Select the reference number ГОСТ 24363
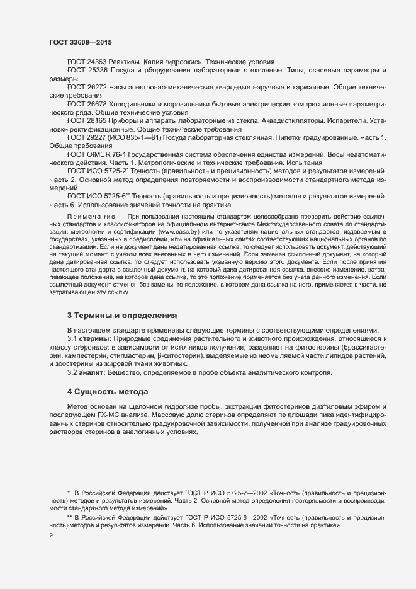pos(85,62)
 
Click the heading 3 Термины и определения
pos(121,314)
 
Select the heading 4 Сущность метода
pos(108,392)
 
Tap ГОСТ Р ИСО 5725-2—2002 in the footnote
pos(207,490)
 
